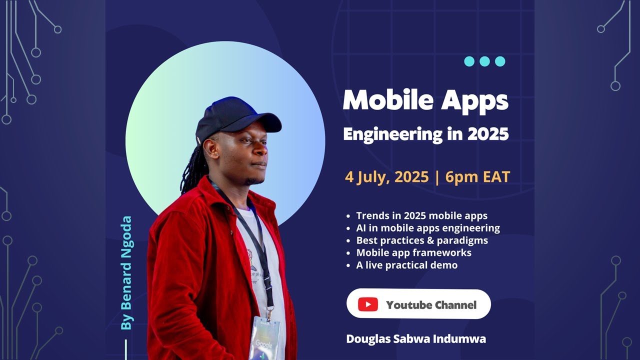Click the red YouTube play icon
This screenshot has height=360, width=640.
coord(368,304)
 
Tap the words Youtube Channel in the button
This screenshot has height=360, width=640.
coord(431,305)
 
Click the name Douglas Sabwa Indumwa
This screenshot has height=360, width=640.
coord(416,339)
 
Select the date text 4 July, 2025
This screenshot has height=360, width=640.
coord(387,177)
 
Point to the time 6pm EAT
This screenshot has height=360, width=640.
coord(477,177)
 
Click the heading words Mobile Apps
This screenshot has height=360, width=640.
coord(425,100)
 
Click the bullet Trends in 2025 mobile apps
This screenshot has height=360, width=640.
coord(421,215)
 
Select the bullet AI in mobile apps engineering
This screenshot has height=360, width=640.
coord(428,228)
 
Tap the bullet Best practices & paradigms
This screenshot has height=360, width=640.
coord(422,240)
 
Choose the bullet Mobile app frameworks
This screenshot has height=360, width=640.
coord(413,253)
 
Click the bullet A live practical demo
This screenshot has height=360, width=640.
coord(407,265)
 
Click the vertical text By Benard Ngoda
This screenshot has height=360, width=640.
coord(126,273)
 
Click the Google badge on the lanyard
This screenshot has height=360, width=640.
coord(264,338)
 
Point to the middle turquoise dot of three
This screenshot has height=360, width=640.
coord(484,61)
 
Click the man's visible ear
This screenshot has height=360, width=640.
coord(210,148)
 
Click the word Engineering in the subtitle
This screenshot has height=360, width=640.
coord(392,134)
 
